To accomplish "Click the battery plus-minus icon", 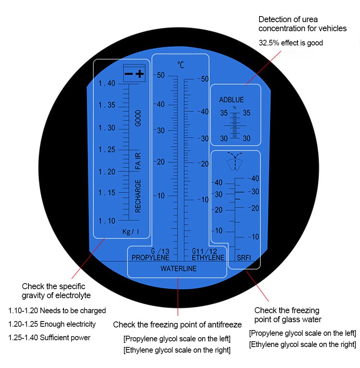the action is (134, 73).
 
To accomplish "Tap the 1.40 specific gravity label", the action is (106, 83).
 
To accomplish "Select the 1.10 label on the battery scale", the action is (106, 221).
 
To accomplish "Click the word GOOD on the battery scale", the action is (138, 118).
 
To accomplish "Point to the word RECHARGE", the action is (138, 196).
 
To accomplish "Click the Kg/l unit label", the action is (131, 232).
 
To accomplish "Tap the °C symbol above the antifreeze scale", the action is (180, 65).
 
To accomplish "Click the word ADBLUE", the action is (231, 100).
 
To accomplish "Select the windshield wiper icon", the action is (235, 161).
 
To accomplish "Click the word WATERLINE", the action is (178, 268).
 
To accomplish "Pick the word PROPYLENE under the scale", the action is (150, 258).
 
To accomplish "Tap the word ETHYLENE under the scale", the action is (208, 258).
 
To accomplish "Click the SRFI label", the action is (244, 258).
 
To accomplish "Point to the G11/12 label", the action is (204, 251).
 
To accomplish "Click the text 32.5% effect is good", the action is (291, 43).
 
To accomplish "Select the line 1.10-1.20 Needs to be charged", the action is (57, 311).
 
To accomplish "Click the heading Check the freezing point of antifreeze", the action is (177, 324).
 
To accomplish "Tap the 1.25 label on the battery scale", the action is (106, 149).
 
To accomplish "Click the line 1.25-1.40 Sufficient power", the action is (49, 338).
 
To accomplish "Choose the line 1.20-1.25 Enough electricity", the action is (52, 324).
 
